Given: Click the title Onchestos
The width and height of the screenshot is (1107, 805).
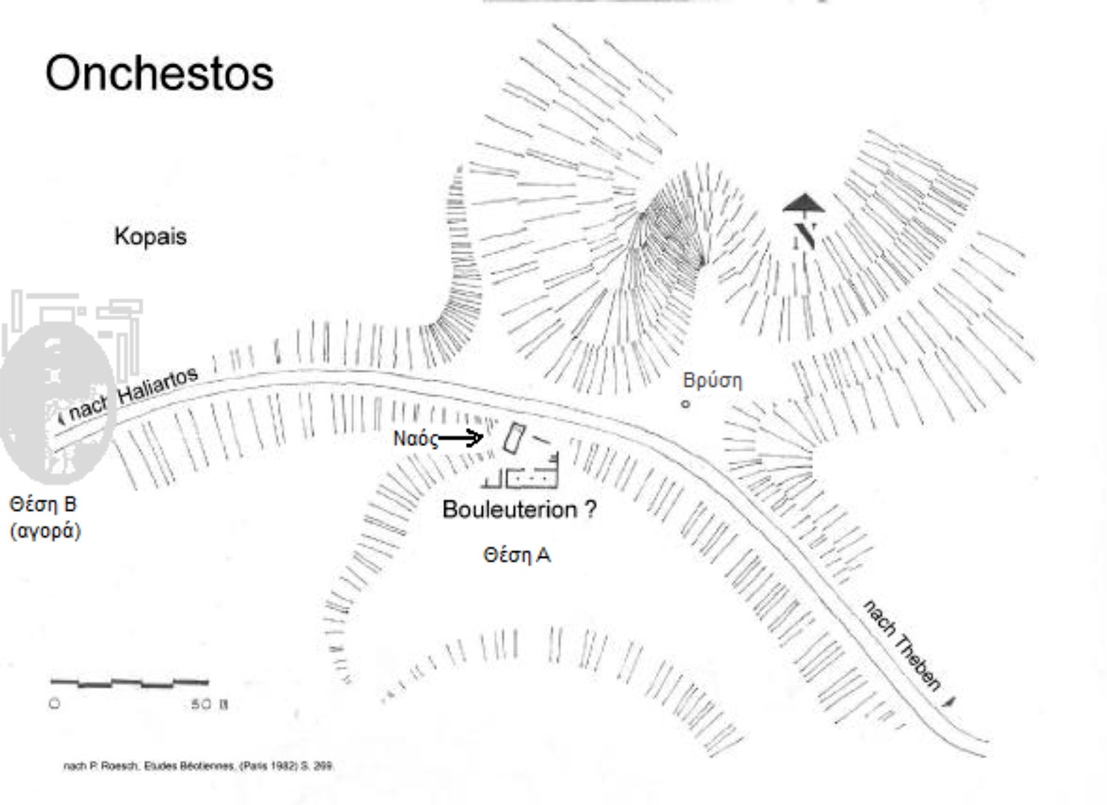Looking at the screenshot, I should coord(159,74).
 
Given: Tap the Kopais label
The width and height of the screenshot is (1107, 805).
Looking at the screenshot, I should coord(150,237).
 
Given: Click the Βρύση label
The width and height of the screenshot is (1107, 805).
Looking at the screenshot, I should coord(712,381).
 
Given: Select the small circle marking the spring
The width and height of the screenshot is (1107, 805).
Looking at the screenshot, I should coord(686,404).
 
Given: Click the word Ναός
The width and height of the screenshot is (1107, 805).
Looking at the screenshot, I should coord(415,439).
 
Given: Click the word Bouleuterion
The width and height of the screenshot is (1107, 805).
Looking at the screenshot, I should coord(509,510).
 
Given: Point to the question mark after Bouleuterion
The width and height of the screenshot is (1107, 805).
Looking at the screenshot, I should coord(590,510).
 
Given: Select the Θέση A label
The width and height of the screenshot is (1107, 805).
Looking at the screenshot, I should coord(517,555).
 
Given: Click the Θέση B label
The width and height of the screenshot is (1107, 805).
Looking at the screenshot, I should coord(43,505).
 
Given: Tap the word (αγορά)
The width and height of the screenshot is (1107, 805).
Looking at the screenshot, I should coord(45,531).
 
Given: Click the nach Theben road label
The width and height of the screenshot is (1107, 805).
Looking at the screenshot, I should coord(902,645).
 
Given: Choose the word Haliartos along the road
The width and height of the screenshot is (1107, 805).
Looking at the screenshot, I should coord(158,384).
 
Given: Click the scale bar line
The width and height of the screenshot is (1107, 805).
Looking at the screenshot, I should coord(129,683).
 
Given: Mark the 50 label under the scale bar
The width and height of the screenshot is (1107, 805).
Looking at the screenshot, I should coord(201,705).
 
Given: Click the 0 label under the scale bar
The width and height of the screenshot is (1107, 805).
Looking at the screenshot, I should coord(55,704).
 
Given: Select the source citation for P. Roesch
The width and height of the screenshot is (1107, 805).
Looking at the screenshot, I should coord(199,767).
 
